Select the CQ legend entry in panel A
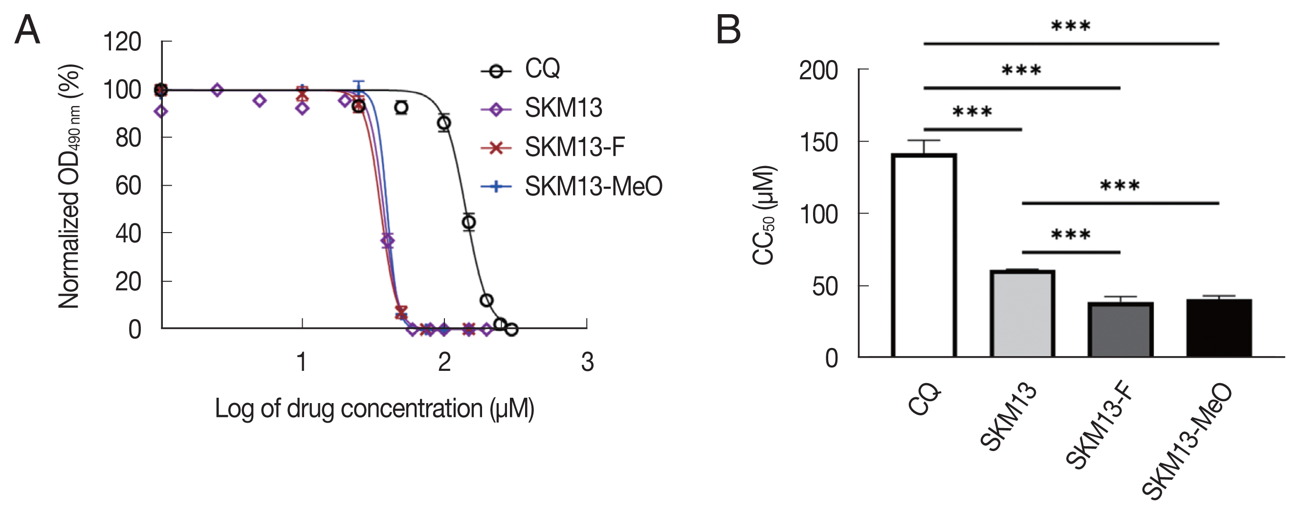542,68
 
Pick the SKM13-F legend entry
574,147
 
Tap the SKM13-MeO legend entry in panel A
593,187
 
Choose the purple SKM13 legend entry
563,108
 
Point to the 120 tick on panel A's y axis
122,42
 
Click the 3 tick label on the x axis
587,362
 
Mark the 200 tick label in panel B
818,71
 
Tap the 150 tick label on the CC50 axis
818,143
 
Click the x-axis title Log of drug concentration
374,408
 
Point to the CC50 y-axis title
764,215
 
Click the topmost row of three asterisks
1070,26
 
